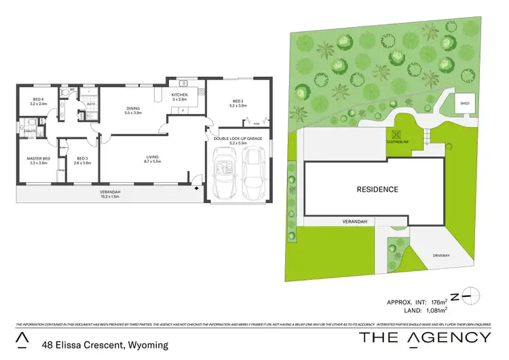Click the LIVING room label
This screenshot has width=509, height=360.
coord(151,158)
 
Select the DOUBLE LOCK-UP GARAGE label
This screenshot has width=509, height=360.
coord(238,140)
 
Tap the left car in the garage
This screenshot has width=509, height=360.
coord(223,175)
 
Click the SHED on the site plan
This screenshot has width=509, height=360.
coord(464,104)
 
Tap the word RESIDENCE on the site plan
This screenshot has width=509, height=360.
coord(377,189)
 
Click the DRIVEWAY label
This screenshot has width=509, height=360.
coord(442,255)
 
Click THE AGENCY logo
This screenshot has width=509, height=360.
coord(424,338)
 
